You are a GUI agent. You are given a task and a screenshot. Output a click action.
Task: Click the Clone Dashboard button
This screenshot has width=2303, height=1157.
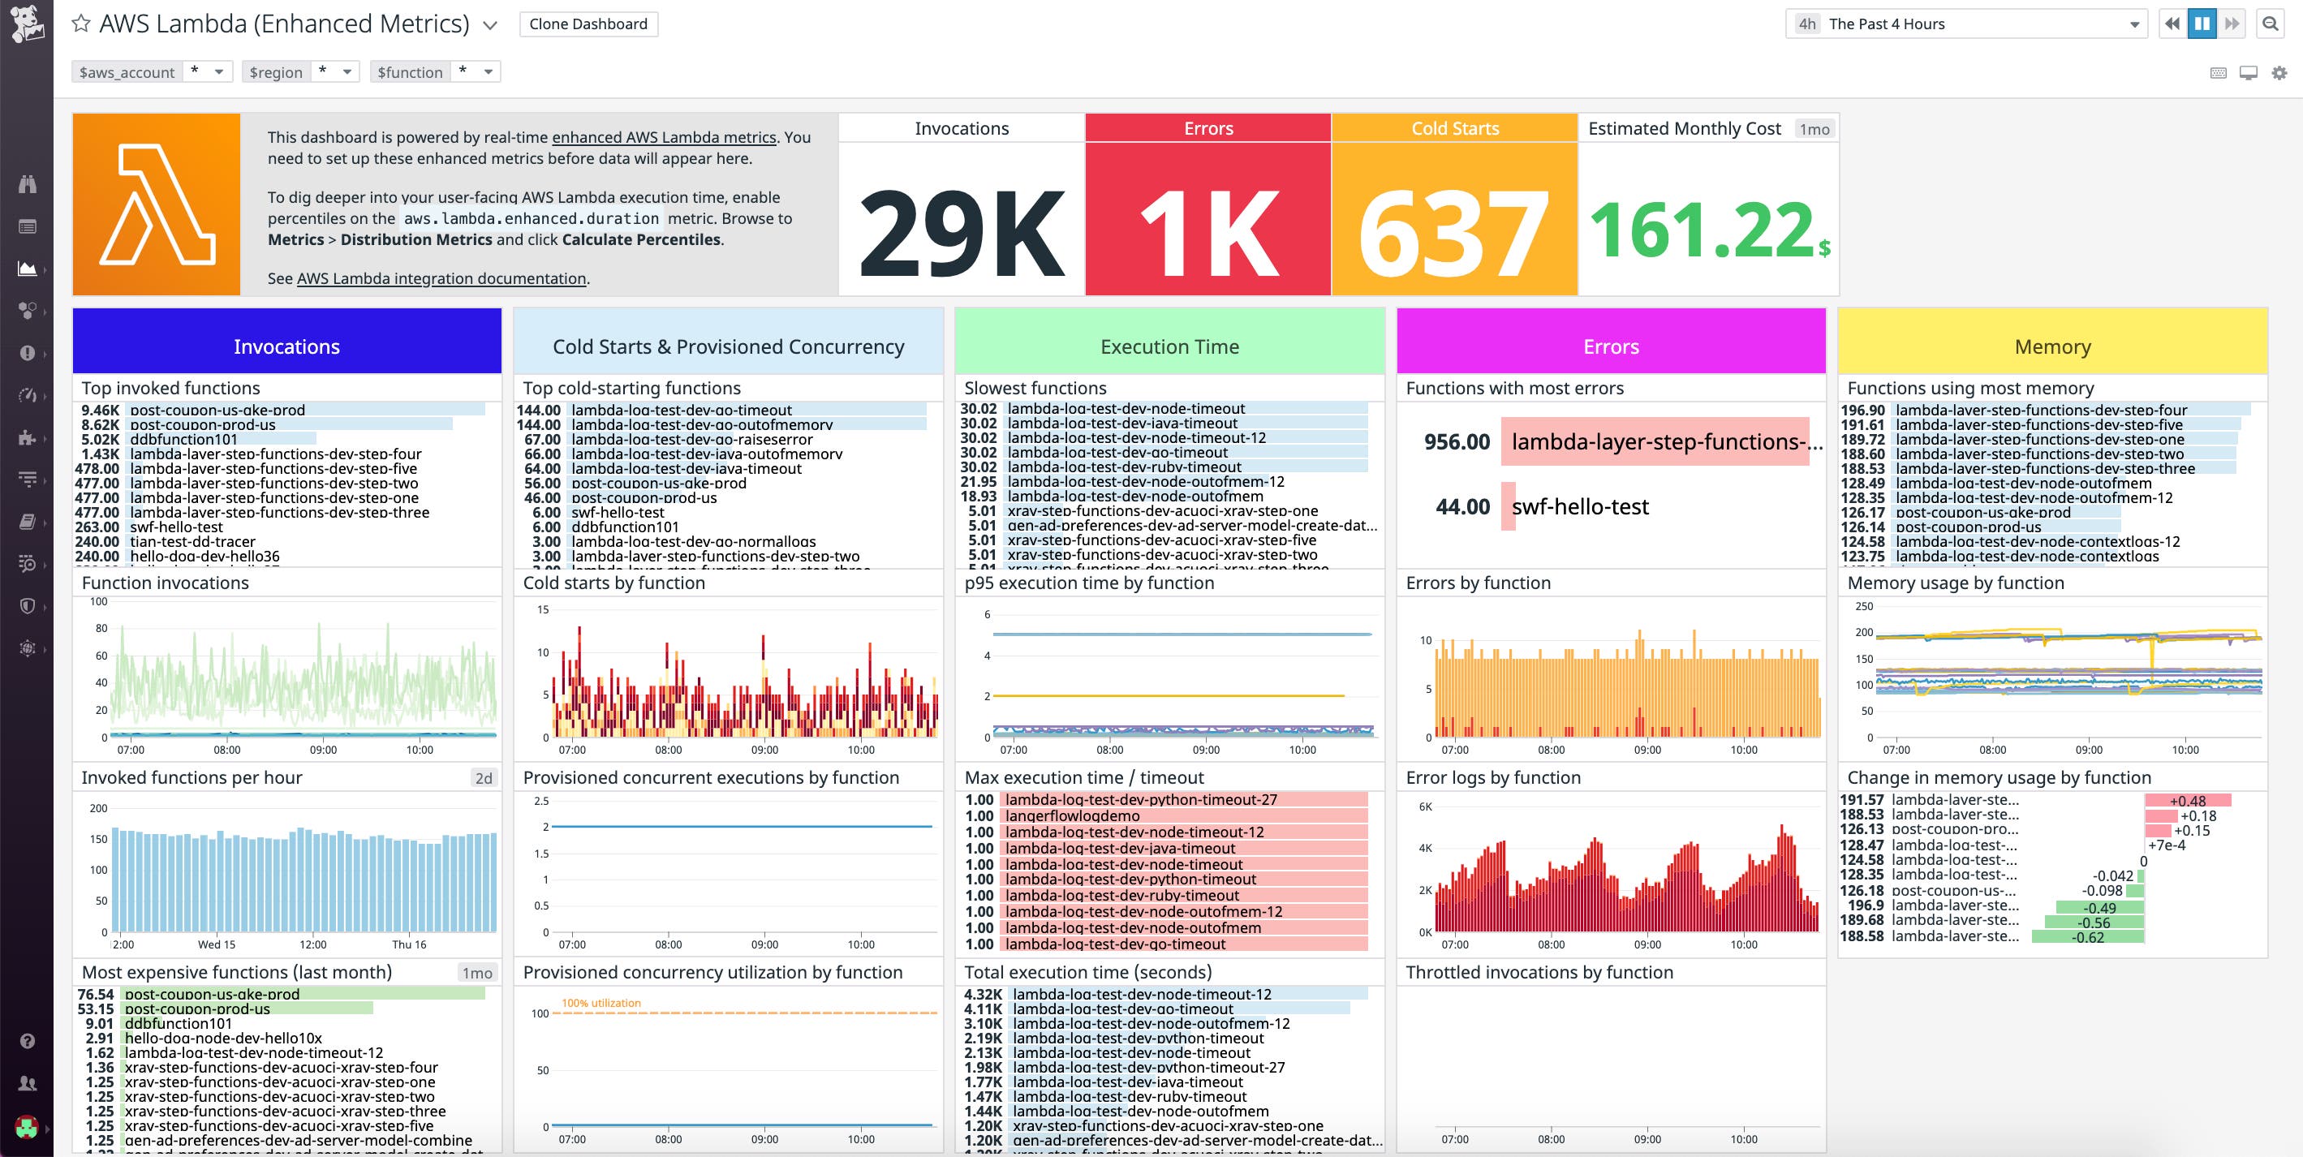tap(588, 24)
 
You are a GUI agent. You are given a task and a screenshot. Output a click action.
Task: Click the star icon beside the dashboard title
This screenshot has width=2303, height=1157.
tap(81, 24)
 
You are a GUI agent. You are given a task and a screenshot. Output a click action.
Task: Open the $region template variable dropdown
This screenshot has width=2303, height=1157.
tap(300, 71)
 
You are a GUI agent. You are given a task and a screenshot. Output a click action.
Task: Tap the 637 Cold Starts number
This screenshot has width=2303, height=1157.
tap(1453, 234)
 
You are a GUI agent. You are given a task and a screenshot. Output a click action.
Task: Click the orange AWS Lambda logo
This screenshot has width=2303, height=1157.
tap(157, 204)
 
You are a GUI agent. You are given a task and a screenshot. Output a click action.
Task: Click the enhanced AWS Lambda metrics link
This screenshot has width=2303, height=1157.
tap(663, 137)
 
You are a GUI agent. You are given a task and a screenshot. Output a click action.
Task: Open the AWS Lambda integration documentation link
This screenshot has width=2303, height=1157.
tap(441, 278)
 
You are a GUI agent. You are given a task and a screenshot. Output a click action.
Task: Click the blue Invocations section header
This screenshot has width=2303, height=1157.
tap(286, 346)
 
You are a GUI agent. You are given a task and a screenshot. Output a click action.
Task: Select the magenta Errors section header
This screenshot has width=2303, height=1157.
tap(1610, 346)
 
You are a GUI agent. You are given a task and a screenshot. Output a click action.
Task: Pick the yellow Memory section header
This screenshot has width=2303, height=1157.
tap(2051, 346)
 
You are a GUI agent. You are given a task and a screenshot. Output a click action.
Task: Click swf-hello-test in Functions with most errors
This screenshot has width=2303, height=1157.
tap(1580, 507)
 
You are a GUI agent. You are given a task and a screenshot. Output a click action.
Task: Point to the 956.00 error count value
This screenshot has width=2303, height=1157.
tap(1457, 441)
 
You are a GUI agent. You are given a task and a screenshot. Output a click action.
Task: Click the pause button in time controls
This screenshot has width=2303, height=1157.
tap(2201, 24)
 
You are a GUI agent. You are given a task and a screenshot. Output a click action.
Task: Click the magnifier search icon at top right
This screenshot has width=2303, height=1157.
tap(2270, 24)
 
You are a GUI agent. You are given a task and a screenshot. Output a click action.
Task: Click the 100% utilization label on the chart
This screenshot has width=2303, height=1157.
tap(601, 1002)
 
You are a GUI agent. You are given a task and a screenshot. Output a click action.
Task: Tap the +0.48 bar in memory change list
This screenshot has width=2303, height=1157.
tap(2187, 800)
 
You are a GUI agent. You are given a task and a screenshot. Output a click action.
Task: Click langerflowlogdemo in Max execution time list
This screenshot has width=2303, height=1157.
tap(1072, 815)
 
